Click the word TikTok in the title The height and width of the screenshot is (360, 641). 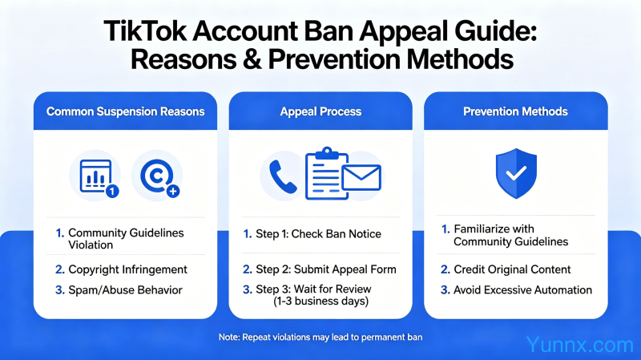point(145,31)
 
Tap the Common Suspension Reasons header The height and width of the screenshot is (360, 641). point(126,111)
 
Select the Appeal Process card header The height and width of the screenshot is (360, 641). point(321,111)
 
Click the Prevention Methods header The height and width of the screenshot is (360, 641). point(515,111)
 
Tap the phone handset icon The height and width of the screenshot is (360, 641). point(283,176)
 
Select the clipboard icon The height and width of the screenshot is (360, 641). point(326,173)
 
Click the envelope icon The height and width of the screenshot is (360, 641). point(361,177)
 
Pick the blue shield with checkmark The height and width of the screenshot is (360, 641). point(516,173)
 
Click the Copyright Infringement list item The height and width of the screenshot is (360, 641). point(122,269)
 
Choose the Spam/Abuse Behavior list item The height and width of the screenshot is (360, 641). point(119,290)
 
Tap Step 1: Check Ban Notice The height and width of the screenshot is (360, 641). point(312,234)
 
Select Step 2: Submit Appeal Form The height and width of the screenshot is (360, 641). point(320,269)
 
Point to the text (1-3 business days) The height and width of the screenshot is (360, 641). point(321,301)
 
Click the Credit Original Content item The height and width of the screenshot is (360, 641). point(506,269)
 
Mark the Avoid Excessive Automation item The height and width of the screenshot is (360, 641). point(516,290)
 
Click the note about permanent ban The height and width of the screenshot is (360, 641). point(320,338)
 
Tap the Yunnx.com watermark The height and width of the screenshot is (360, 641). point(579,345)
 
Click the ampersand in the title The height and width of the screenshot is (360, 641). point(252,59)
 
